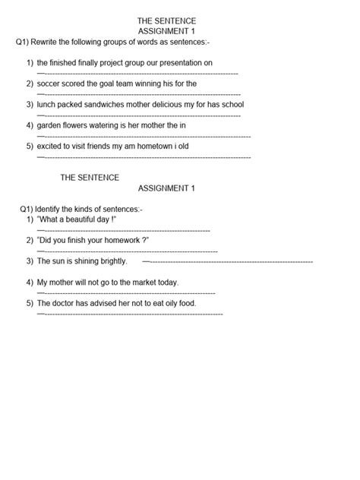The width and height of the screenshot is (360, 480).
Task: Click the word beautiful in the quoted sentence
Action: (78, 219)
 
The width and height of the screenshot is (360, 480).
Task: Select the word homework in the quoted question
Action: (117, 240)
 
